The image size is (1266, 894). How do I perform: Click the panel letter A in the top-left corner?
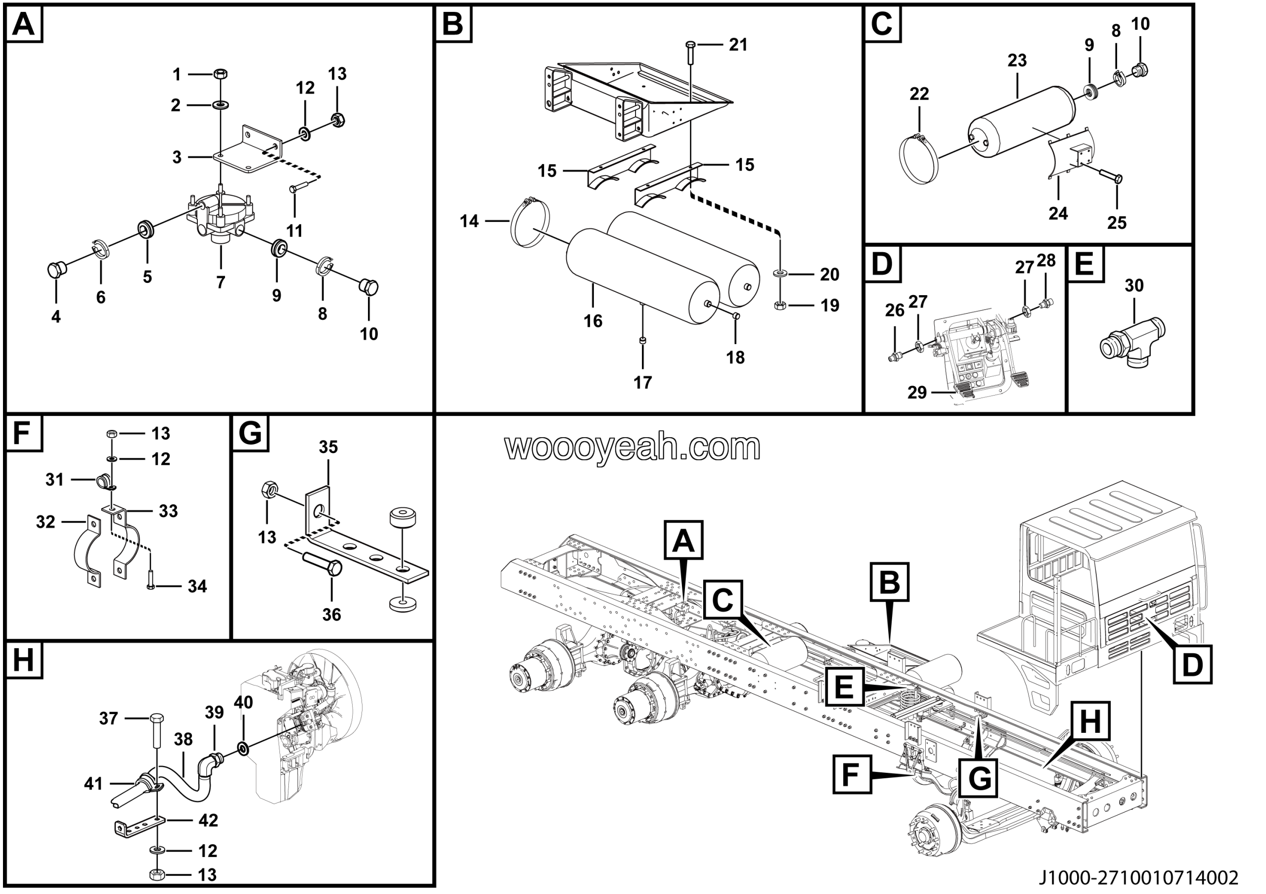(23, 24)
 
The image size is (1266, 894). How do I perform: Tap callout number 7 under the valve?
(221, 282)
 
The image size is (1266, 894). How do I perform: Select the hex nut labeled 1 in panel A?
(220, 73)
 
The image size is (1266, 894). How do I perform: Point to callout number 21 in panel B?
(738, 45)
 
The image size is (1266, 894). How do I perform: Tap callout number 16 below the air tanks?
(593, 321)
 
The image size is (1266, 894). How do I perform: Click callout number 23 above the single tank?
(1017, 60)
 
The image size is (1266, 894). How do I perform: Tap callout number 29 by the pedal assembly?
(916, 393)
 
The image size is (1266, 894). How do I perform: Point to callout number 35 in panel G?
(328, 447)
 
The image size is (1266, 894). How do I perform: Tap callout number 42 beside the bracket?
(208, 820)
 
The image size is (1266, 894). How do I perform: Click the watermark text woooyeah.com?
(633, 447)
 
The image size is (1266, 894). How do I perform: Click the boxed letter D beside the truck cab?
(1192, 665)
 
